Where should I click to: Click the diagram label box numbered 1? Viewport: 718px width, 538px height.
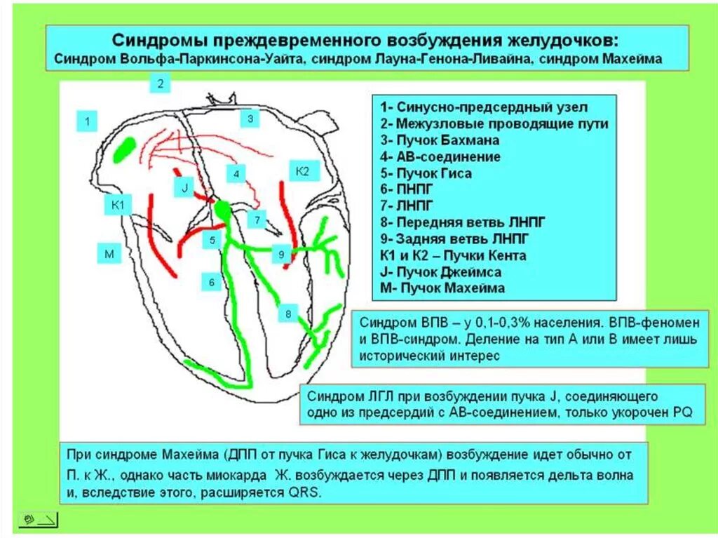pyautogui.click(x=87, y=121)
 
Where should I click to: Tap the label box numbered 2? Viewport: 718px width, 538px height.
pyautogui.click(x=160, y=83)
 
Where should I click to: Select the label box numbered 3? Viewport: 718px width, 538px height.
pyautogui.click(x=250, y=119)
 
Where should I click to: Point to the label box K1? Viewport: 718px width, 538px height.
pyautogui.click(x=117, y=205)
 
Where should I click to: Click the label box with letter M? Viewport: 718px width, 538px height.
pyautogui.click(x=109, y=253)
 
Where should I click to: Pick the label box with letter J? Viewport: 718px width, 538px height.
pyautogui.click(x=184, y=187)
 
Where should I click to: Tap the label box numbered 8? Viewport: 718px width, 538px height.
pyautogui.click(x=287, y=314)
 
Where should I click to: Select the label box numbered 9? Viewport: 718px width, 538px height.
pyautogui.click(x=280, y=254)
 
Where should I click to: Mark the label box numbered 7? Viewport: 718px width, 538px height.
pyautogui.click(x=257, y=220)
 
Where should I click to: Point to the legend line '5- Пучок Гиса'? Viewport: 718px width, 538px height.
pyautogui.click(x=426, y=173)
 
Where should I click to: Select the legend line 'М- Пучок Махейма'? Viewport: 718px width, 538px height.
pyautogui.click(x=442, y=288)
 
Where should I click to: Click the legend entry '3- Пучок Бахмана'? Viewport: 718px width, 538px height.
pyautogui.click(x=440, y=140)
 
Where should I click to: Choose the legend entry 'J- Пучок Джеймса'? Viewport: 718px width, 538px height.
pyautogui.click(x=441, y=272)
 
